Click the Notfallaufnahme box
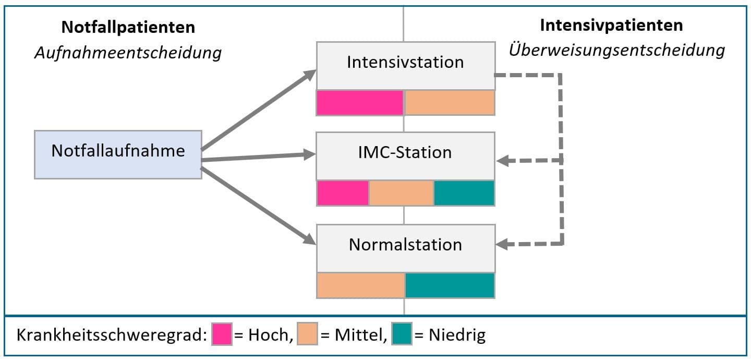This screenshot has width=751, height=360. click(x=118, y=154)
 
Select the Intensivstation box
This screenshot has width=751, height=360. click(x=406, y=66)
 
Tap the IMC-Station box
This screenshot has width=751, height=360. click(x=406, y=156)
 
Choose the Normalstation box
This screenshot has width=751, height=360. click(x=406, y=248)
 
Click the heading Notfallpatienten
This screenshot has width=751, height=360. click(x=128, y=27)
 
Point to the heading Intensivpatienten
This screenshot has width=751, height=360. click(x=612, y=26)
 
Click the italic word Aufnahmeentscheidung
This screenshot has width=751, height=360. click(x=128, y=53)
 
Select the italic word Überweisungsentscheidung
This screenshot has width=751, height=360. click(x=617, y=50)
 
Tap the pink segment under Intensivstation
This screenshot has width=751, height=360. click(x=360, y=103)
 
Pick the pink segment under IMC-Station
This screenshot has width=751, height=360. click(x=343, y=193)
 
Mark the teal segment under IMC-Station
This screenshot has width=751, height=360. click(x=464, y=193)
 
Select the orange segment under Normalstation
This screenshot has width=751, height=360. click(x=361, y=285)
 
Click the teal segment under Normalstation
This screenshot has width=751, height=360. click(x=450, y=285)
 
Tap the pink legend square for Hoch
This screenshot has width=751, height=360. click(x=222, y=334)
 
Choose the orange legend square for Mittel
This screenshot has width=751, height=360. click(x=308, y=334)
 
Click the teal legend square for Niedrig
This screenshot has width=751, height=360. click(x=402, y=334)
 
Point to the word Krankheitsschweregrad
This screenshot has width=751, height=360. click(x=112, y=335)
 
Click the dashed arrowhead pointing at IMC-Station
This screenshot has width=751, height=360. click(x=503, y=161)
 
